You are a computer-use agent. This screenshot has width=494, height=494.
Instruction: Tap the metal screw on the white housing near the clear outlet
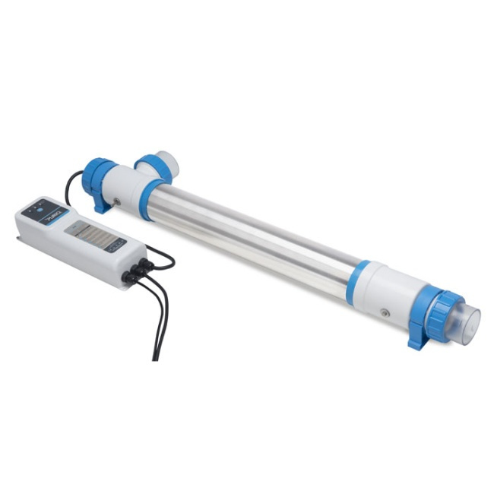pyautogui.click(x=385, y=313)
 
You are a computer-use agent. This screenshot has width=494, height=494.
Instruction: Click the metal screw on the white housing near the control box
pyautogui.click(x=115, y=201)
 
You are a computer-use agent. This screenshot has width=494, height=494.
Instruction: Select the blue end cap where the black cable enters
pyautogui.click(x=97, y=176)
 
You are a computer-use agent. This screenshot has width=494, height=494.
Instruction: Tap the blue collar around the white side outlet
pyautogui.click(x=153, y=166)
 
